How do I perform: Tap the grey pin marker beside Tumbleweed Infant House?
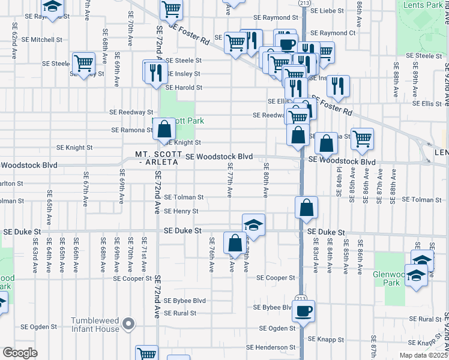click(x=128, y=325)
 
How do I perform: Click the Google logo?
click(x=19, y=353)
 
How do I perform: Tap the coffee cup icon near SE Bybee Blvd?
click(x=303, y=311)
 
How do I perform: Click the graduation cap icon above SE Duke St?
click(x=253, y=225)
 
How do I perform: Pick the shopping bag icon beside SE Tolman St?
click(x=306, y=208)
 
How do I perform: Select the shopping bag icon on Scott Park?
click(x=163, y=128)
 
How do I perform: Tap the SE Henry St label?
click(x=181, y=211)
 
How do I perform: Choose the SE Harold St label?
click(x=184, y=88)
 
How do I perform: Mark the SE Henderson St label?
click(x=271, y=347)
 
